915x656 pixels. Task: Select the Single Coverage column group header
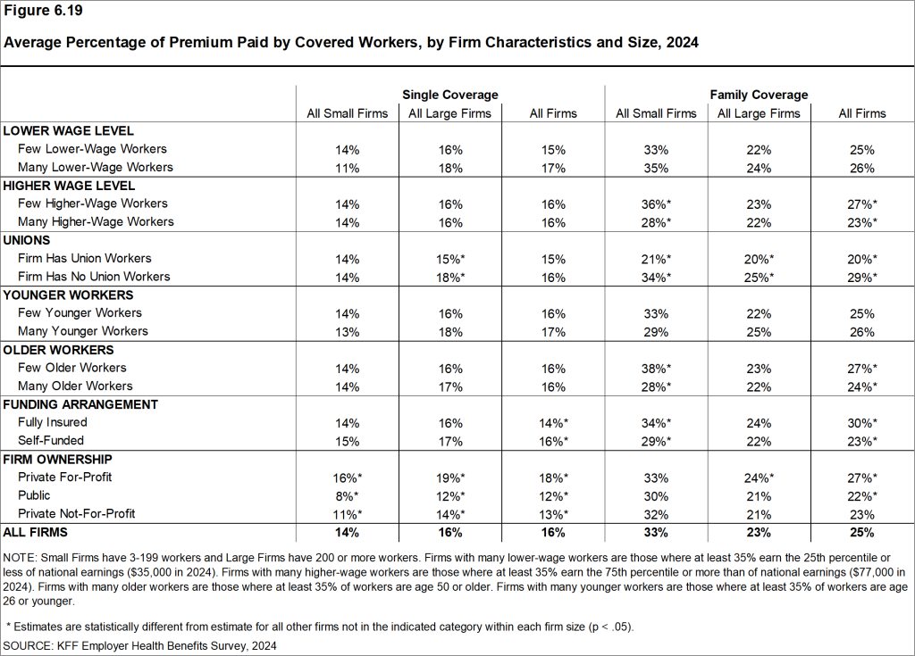[449, 95]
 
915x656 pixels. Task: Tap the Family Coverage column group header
[759, 95]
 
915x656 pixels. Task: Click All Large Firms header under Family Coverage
[760, 113]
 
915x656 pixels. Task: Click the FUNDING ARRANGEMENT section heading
[80, 404]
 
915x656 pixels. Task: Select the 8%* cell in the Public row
[348, 495]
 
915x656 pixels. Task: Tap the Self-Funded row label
[51, 440]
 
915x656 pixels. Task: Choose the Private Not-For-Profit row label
[77, 513]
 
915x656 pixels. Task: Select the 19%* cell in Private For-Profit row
[449, 477]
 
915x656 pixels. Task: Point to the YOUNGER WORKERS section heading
[69, 295]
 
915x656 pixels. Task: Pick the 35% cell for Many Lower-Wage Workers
[656, 167]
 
